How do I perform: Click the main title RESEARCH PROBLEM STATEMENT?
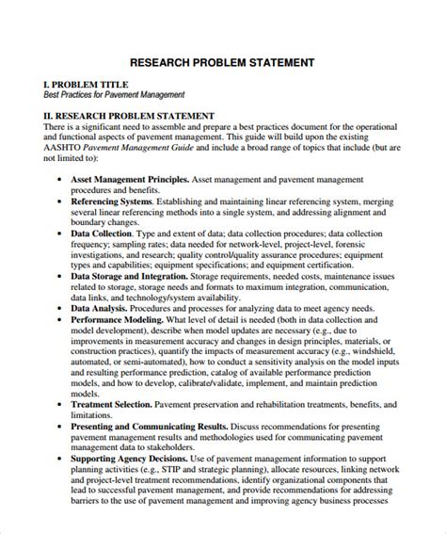click(222, 62)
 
